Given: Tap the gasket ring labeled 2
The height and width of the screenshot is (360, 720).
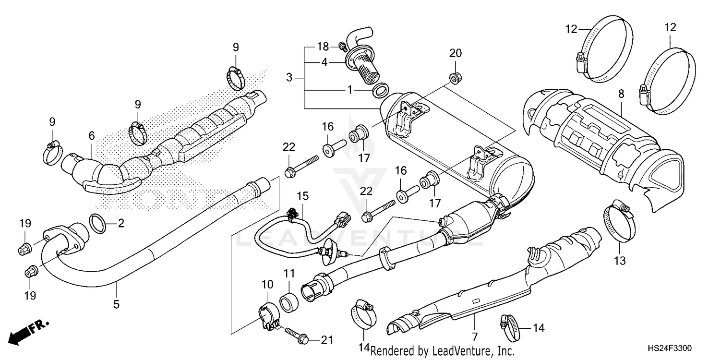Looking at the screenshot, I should coord(99,223).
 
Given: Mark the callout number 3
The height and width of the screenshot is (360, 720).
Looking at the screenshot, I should coord(289,77).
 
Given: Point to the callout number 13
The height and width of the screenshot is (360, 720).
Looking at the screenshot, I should coord(620,261).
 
